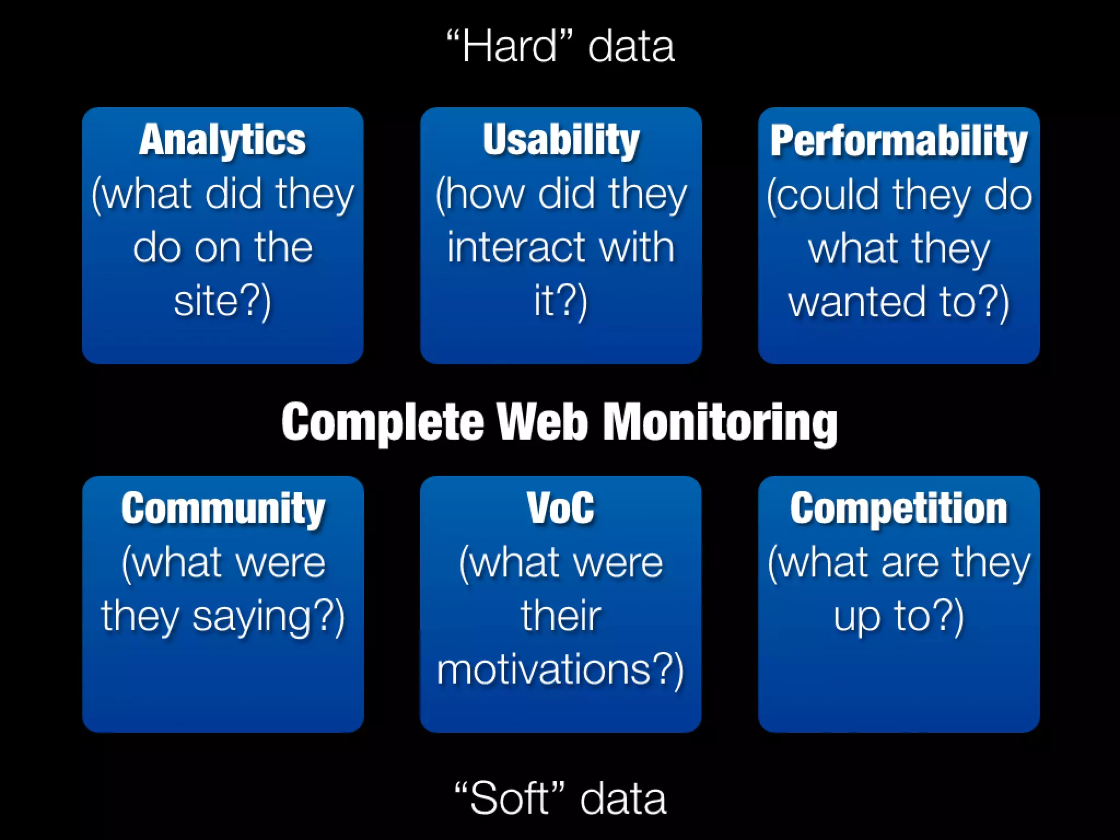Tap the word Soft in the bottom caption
(509, 799)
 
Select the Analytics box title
(223, 140)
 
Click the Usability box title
(561, 140)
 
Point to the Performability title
(899, 141)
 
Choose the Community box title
(223, 509)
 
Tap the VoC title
(561, 509)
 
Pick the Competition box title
(899, 509)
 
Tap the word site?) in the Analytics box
(223, 302)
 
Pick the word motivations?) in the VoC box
(561, 670)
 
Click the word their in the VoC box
(561, 616)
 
